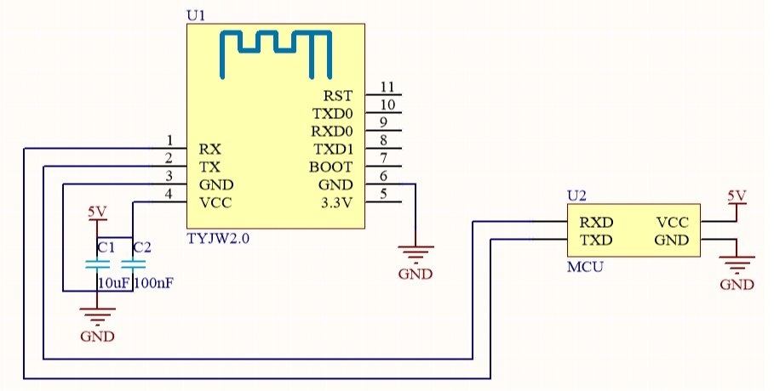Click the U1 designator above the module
[196, 15]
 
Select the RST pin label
[338, 95]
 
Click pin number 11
[387, 87]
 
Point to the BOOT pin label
[330, 167]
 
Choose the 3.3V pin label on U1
[336, 202]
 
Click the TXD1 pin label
[333, 149]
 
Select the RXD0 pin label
[332, 131]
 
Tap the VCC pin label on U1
[215, 202]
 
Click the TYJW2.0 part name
[218, 239]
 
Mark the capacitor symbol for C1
[97, 265]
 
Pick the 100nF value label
[154, 283]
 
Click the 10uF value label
[113, 283]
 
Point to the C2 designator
[142, 247]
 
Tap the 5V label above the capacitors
[97, 212]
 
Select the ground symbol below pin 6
[416, 253]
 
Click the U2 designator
[576, 195]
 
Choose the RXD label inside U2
[596, 223]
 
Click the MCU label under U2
[585, 267]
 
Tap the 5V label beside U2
[737, 195]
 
